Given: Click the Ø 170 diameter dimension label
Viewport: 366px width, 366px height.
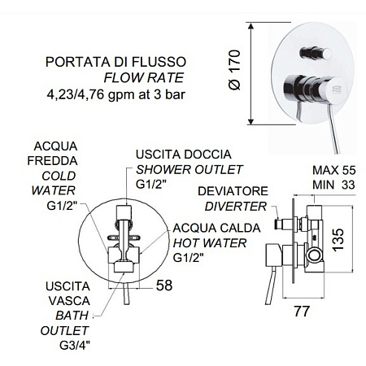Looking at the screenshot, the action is pos(235,70).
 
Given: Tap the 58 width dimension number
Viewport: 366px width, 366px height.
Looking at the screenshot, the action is pos(164,285).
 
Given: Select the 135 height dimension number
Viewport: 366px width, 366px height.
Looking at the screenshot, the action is pos(338,240).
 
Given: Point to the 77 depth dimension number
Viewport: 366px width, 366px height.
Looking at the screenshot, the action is pos(302,311).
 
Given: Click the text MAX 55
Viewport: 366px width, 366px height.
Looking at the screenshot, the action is pos(333,170).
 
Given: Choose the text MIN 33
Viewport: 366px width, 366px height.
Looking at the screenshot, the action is pos(333,185).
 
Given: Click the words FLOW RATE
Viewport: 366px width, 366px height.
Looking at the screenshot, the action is pos(144,78).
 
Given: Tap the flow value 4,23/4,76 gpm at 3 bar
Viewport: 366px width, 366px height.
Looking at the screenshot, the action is pos(116,94).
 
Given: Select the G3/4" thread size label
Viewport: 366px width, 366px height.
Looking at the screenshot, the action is pos(75,345).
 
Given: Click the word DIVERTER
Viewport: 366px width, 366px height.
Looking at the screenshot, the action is pos(236,207).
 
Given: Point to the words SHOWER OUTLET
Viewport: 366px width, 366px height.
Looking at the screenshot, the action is pos(189,170).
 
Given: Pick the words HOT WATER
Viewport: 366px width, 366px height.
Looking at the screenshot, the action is pos(210,243).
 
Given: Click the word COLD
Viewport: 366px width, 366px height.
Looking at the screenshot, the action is pos(59,176).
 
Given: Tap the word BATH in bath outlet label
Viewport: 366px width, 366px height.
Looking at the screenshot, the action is pos(72,316).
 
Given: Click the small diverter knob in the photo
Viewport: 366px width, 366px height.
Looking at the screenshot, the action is pos(316,53).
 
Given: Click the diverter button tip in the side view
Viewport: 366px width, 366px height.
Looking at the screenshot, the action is pos(277,224).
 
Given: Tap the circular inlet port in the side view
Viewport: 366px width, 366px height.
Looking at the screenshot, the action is pos(314,255).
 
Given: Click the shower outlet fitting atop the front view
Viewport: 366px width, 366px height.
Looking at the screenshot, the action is pos(124,211).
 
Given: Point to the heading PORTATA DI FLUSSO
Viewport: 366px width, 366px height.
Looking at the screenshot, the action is pos(115,62).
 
